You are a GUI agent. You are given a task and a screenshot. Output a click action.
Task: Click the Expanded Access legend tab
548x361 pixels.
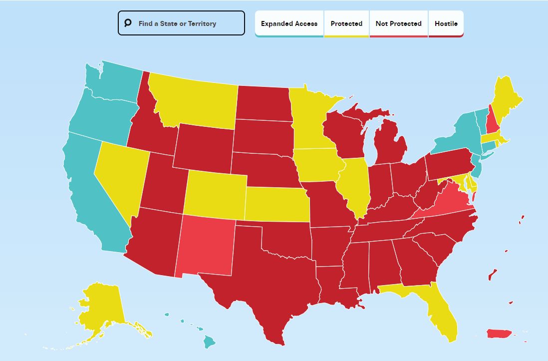coord(289,23)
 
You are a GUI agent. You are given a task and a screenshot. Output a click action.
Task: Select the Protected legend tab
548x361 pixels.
coord(346,23)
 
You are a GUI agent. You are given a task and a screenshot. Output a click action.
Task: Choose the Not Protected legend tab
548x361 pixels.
coord(398,23)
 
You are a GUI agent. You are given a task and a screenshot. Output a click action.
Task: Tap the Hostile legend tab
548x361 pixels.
coord(446,23)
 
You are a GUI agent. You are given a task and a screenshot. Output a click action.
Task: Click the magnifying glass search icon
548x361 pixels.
coord(128,23)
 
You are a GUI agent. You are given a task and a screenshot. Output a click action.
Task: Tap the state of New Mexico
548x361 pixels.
coord(205,245)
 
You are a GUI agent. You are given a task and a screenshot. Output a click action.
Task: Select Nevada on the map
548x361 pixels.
coord(120,175)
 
